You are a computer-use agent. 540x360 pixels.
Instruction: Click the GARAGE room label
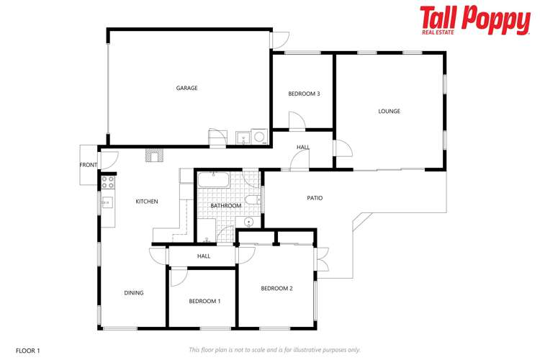[187, 89]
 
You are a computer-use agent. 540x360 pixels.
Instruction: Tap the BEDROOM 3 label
[304, 94]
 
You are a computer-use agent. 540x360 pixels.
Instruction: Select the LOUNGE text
[390, 112]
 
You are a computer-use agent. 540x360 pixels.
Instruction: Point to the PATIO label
[315, 198]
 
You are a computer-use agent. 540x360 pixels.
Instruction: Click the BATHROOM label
[226, 207]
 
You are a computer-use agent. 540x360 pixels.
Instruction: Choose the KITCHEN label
[147, 202]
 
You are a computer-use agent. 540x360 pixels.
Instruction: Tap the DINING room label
[134, 293]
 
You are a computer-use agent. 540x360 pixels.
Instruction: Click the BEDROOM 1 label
[204, 301]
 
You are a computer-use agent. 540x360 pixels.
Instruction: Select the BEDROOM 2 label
[276, 289]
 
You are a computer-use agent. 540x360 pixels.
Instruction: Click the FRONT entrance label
[88, 165]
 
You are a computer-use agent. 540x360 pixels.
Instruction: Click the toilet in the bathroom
[251, 199]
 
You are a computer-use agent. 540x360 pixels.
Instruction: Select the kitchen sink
[107, 202]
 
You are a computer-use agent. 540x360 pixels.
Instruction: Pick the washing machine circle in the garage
[258, 135]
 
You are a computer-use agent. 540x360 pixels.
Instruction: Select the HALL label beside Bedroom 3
[303, 148]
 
